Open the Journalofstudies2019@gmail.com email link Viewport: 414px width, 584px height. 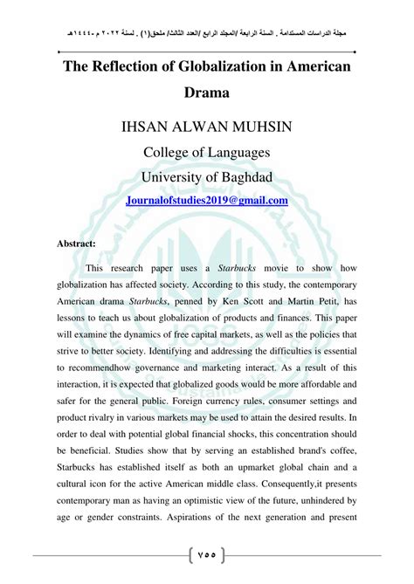point(207,200)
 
